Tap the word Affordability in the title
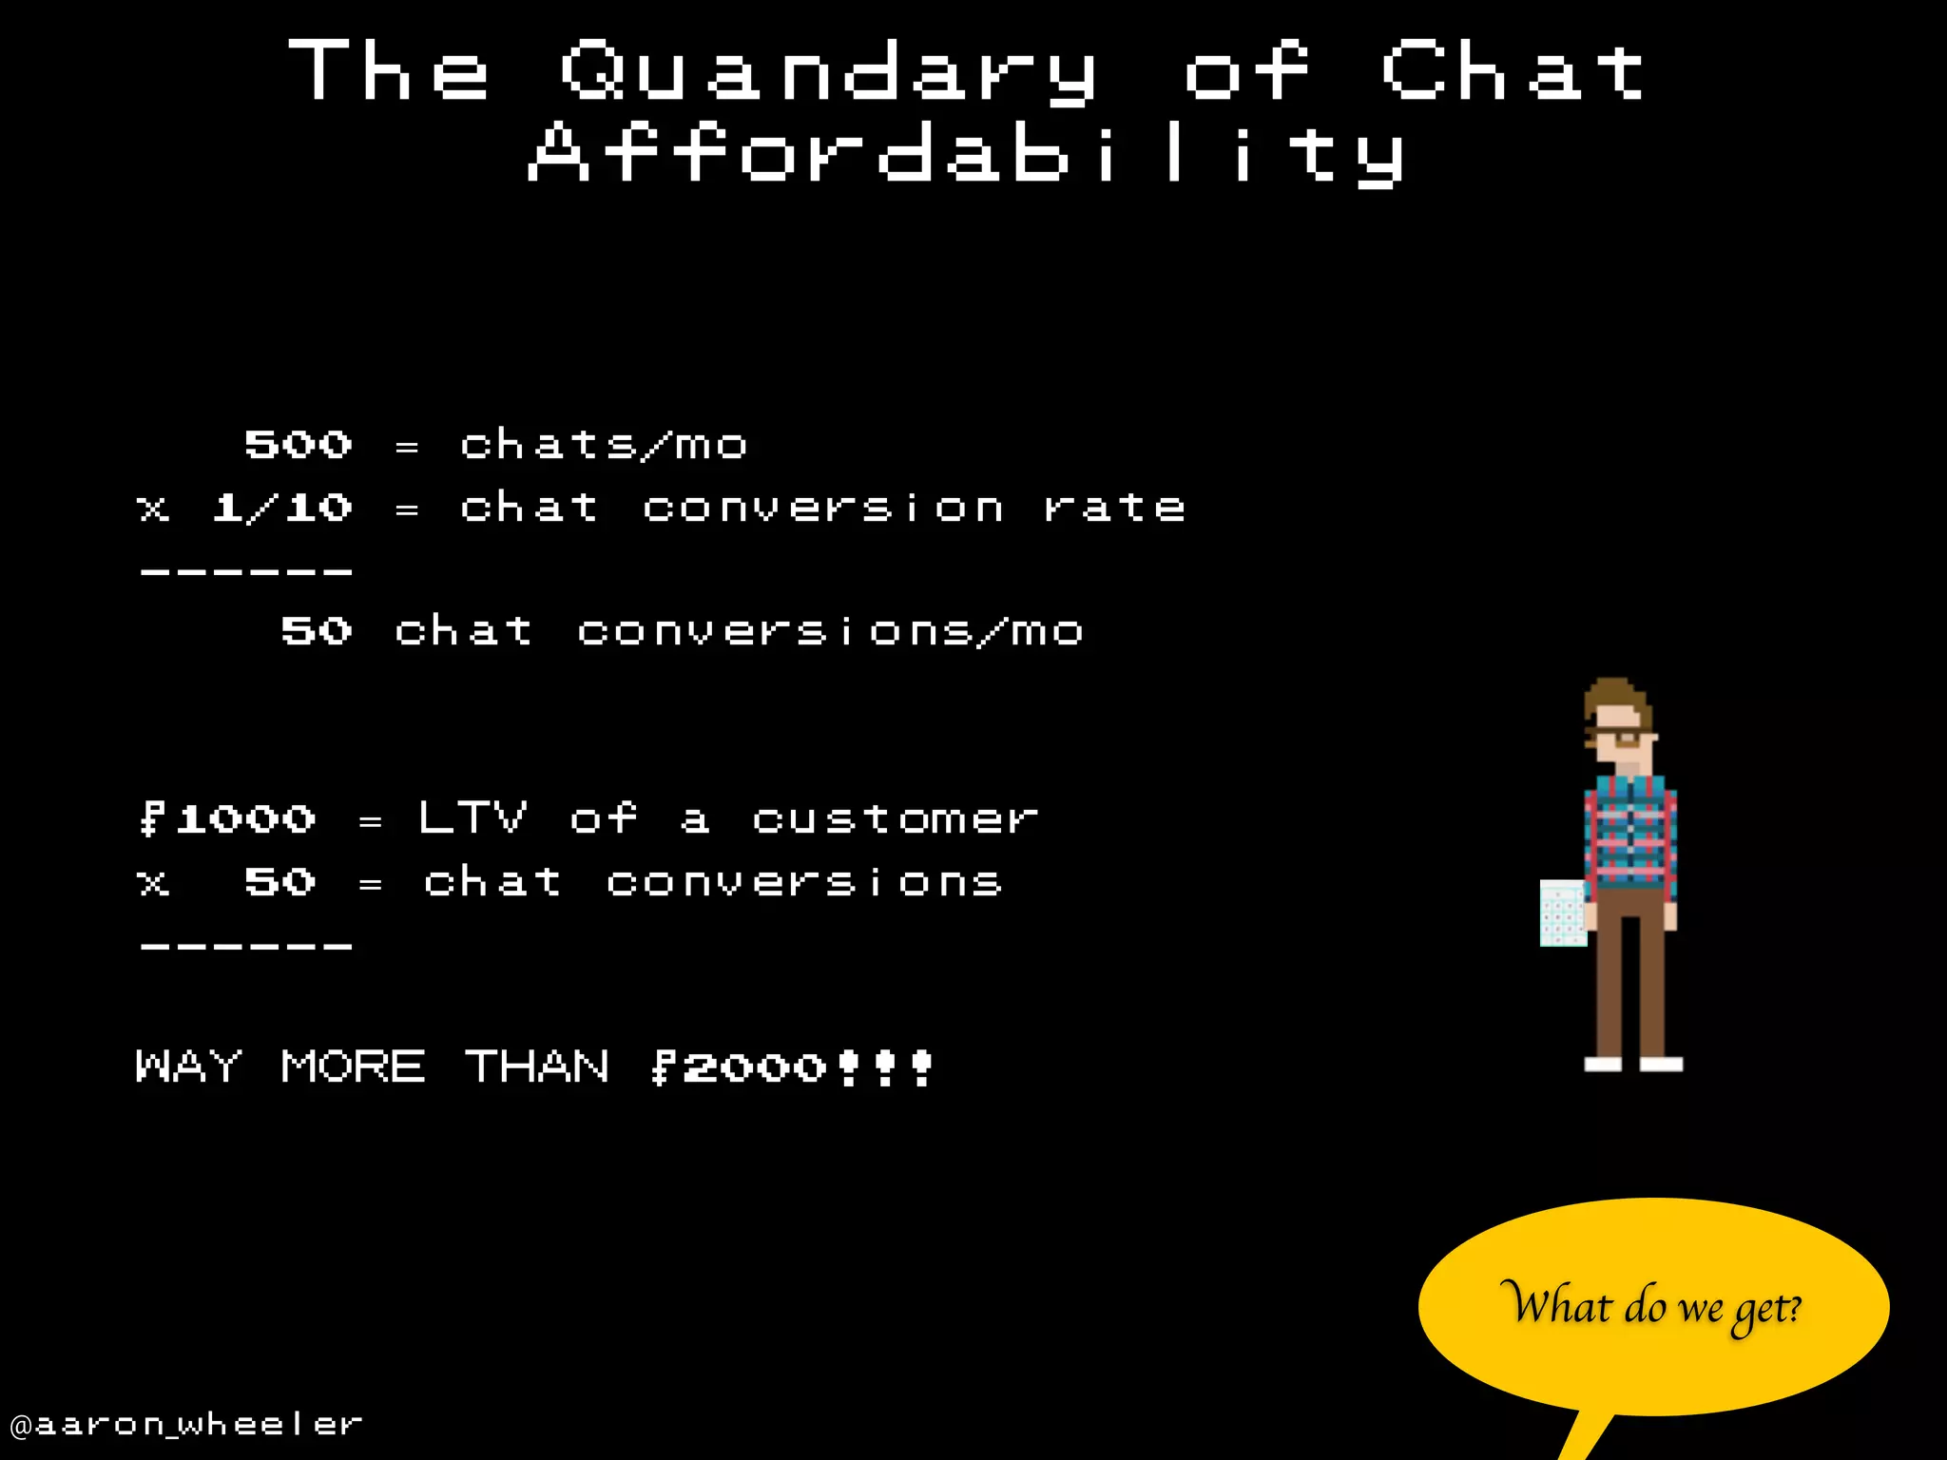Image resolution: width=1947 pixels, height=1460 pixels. (x=966, y=154)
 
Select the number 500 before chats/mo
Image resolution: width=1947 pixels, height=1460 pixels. (x=299, y=445)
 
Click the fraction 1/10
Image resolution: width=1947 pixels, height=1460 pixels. (x=282, y=508)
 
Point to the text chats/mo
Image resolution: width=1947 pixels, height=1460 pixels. (x=604, y=445)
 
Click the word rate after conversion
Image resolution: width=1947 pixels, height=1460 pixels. (x=1114, y=508)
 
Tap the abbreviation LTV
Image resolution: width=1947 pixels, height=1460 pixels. (x=472, y=817)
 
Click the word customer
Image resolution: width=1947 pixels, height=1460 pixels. (x=896, y=818)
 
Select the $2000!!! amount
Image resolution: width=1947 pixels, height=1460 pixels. (x=792, y=1067)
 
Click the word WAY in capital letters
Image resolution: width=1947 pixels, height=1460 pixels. (x=188, y=1066)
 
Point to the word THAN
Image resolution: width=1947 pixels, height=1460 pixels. (x=537, y=1066)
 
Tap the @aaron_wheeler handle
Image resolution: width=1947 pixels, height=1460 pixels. (x=186, y=1424)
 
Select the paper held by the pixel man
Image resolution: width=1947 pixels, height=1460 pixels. (x=1562, y=912)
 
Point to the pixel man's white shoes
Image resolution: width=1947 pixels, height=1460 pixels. (x=1633, y=1064)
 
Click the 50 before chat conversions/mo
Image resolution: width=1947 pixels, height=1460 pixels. (x=317, y=631)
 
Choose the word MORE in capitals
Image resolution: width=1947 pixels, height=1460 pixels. (x=353, y=1066)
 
